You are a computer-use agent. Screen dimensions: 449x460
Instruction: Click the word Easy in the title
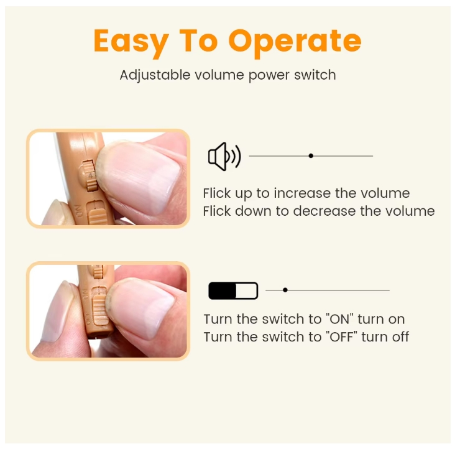click(x=130, y=41)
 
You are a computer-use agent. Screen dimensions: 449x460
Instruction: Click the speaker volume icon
click(x=224, y=156)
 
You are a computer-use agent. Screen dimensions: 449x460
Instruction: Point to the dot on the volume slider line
click(x=311, y=155)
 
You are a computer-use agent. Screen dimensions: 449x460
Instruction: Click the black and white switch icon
click(x=233, y=290)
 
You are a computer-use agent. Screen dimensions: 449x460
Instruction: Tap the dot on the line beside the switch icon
click(x=285, y=290)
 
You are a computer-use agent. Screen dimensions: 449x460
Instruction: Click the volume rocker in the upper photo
click(x=91, y=175)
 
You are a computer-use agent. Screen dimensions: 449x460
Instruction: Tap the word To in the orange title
click(x=198, y=41)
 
